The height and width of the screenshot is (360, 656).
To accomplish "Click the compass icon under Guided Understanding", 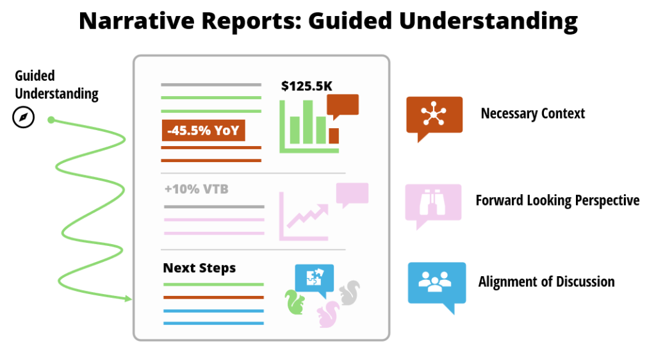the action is pyautogui.click(x=24, y=117).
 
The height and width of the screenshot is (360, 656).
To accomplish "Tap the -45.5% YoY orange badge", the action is pyautogui.click(x=203, y=131).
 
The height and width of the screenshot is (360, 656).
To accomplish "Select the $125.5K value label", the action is pyautogui.click(x=307, y=86).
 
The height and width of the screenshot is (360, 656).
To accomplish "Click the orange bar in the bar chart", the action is pyautogui.click(x=334, y=135).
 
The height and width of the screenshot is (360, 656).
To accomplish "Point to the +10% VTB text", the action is pyautogui.click(x=197, y=189).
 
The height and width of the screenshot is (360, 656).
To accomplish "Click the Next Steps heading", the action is pyautogui.click(x=199, y=268).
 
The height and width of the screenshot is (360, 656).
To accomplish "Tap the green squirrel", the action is pyautogui.click(x=295, y=302).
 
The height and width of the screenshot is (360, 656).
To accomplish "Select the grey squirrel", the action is pyautogui.click(x=349, y=293).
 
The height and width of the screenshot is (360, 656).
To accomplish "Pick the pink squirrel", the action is pyautogui.click(x=328, y=314).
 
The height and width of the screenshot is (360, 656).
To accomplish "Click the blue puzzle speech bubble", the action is pyautogui.click(x=314, y=279).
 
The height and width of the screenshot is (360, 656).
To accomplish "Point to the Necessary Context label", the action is pyautogui.click(x=532, y=113).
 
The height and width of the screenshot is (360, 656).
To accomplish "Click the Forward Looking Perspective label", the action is pyautogui.click(x=557, y=200).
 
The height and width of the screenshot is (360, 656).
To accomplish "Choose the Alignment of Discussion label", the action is pyautogui.click(x=546, y=281).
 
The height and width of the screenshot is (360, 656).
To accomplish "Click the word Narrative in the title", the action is pyautogui.click(x=137, y=21).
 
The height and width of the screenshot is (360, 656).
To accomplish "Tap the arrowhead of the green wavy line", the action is pyautogui.click(x=128, y=299).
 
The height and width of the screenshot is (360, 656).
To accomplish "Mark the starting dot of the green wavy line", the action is pyautogui.click(x=51, y=120).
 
